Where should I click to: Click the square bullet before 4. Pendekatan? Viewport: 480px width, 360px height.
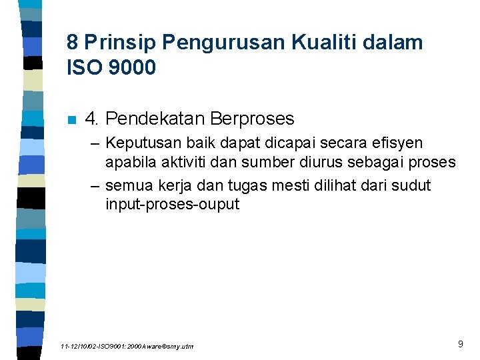click(x=72, y=120)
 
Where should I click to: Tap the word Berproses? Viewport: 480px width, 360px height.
click(x=252, y=119)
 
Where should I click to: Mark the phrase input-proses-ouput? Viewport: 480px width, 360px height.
click(x=172, y=203)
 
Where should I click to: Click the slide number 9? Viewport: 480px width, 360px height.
click(x=460, y=345)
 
